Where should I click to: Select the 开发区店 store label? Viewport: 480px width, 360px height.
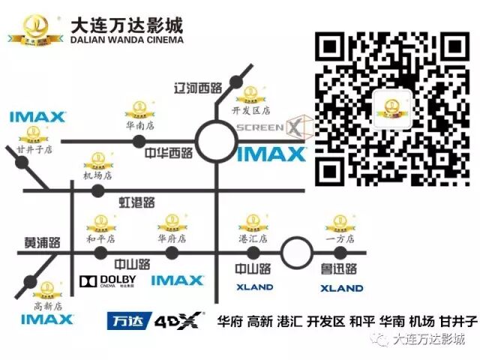247,110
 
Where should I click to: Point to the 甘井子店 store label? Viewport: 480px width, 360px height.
34,150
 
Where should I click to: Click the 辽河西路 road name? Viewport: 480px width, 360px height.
196,88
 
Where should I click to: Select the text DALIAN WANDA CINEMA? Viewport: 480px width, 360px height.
127,39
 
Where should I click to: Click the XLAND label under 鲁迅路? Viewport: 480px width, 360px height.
341,288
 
